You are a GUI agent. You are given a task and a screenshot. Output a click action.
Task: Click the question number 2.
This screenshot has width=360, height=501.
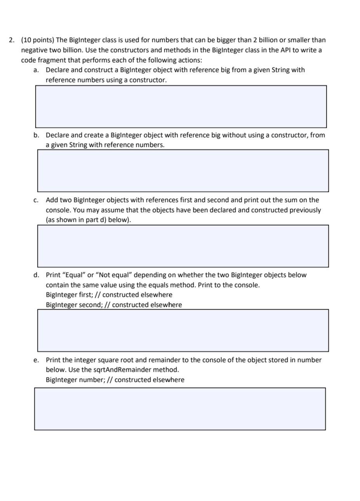click(12, 40)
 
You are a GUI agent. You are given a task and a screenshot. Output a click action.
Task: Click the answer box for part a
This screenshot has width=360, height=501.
click(181, 106)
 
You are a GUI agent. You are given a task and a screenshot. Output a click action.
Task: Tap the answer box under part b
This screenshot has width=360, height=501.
click(183, 170)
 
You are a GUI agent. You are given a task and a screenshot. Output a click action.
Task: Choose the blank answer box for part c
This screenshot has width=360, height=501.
click(183, 246)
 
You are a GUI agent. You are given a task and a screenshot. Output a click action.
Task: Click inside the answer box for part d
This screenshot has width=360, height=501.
click(183, 331)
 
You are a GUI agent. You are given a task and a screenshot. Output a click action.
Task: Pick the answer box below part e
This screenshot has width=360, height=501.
click(180, 409)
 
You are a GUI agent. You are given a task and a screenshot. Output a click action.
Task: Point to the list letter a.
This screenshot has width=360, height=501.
click(36, 70)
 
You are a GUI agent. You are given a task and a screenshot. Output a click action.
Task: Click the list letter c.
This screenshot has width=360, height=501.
click(36, 200)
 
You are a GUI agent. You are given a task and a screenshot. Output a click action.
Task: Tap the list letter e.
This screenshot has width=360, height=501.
click(36, 360)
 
